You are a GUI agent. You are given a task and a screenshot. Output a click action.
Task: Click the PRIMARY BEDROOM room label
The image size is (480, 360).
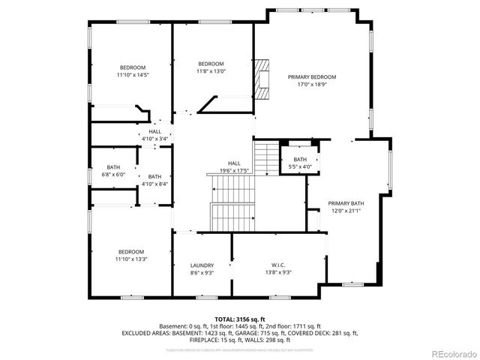312,77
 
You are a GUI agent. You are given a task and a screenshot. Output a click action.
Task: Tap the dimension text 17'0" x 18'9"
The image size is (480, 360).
312,85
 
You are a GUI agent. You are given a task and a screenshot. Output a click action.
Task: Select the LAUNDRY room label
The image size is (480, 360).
202,265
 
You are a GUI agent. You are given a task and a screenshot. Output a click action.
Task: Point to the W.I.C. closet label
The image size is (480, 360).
277,265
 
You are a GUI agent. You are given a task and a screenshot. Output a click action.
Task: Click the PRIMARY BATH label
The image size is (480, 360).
346,203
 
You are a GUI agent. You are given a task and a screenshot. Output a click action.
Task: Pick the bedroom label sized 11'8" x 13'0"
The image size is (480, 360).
211,64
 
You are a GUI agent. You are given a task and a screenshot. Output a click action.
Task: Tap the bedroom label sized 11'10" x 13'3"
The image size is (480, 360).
131,252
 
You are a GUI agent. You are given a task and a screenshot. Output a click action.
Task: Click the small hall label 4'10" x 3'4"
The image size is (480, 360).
154,131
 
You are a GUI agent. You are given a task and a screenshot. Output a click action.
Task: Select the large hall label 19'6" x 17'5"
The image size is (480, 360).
234,163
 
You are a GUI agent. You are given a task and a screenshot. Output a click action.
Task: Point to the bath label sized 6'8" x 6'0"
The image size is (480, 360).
113,167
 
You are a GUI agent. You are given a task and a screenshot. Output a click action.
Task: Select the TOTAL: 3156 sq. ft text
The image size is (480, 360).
239,319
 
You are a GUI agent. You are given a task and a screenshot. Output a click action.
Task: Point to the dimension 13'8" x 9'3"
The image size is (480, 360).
277,272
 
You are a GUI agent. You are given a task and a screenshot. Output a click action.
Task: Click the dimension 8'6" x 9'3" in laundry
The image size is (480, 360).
202,272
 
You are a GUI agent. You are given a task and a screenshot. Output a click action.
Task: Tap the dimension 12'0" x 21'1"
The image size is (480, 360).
346,211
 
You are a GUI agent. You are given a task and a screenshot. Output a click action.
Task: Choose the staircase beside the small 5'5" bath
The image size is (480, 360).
265,157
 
